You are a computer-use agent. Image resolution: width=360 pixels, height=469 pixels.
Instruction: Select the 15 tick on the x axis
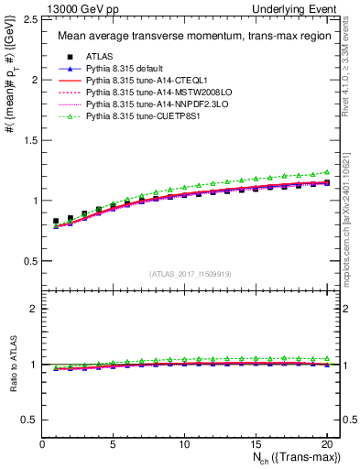tap(255, 444)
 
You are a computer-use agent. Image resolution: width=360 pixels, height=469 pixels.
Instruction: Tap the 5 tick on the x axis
tap(113, 444)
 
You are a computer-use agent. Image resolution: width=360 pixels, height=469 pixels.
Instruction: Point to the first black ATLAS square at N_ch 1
tap(57, 221)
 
